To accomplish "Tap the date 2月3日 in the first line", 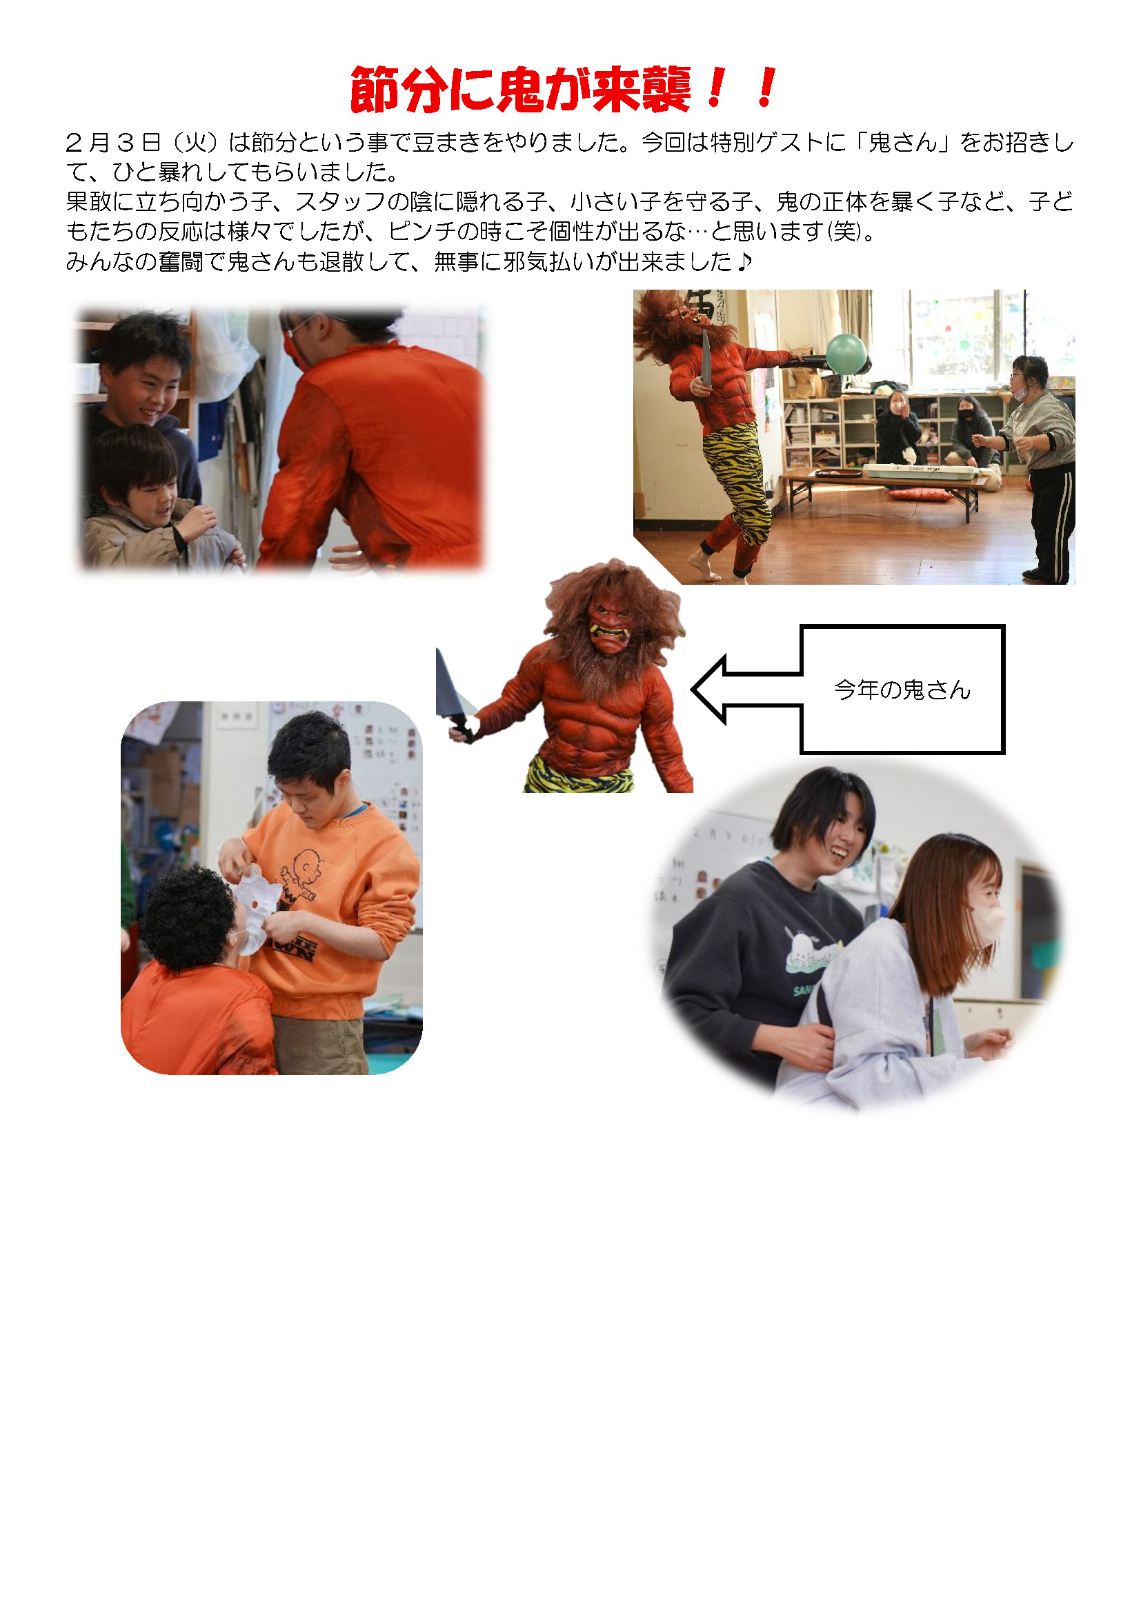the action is (x=113, y=143).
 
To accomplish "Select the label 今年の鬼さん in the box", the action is (x=902, y=690).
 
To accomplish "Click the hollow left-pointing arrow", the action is (x=747, y=690).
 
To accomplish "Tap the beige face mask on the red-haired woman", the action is (x=987, y=923).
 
